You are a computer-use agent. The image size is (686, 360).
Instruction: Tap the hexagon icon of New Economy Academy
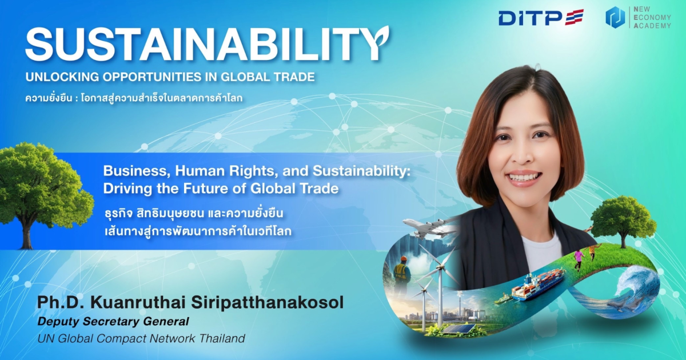click(615, 18)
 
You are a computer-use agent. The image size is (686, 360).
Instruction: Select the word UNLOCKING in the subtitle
click(62, 77)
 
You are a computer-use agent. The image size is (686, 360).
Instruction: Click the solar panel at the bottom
click(457, 329)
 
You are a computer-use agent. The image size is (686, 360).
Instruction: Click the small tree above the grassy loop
click(623, 221)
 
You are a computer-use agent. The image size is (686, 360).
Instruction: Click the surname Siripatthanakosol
click(267, 303)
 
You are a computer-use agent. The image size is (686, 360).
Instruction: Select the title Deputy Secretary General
click(113, 321)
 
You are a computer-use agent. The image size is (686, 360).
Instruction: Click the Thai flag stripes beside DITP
click(575, 17)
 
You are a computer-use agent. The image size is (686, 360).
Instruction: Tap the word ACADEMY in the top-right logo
click(652, 26)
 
